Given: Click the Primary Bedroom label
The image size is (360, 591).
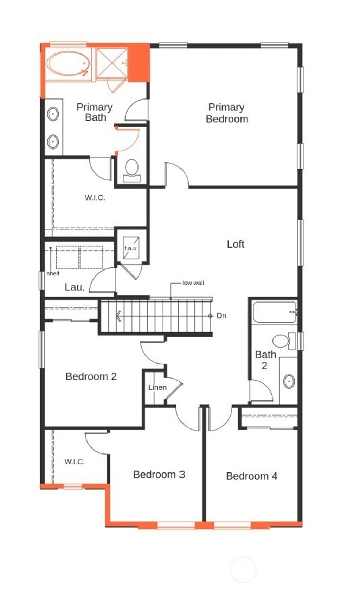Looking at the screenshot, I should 227,113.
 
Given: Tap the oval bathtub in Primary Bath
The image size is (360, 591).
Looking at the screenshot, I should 69,64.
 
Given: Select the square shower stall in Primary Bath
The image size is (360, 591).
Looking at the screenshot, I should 112,63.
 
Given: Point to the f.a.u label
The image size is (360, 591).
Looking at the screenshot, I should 130,248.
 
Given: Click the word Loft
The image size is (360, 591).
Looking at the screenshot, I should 235,244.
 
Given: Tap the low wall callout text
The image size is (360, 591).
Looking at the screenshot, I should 193,283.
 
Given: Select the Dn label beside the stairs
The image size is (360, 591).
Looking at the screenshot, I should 221,316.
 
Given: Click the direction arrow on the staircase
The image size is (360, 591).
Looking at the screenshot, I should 119,316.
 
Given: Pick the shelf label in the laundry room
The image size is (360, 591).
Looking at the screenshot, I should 53,273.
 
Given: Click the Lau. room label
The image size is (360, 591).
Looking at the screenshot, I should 75,287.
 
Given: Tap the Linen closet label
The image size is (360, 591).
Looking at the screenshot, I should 157,388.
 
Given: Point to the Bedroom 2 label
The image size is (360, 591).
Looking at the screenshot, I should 91,376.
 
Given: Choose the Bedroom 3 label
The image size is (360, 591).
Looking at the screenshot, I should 159,474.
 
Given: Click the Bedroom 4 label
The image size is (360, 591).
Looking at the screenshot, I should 251,476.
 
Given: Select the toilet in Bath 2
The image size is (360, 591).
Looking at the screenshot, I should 281,341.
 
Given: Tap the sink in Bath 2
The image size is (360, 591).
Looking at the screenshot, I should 289,381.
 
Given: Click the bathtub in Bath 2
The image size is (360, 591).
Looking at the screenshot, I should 274,312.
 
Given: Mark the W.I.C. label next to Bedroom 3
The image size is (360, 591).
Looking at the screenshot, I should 75,462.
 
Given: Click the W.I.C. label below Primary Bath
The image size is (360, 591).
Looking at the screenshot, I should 95,197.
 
